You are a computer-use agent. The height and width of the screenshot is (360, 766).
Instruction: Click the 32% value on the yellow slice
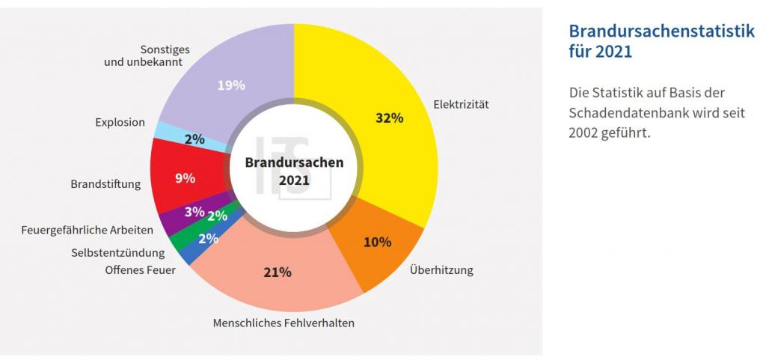[x=389, y=118]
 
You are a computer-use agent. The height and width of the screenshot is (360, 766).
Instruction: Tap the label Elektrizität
[x=461, y=105]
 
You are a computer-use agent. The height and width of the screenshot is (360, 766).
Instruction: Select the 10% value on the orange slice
[x=377, y=242]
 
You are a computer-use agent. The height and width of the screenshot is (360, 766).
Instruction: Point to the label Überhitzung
[x=441, y=269]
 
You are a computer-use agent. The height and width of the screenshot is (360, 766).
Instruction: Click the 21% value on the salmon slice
[x=277, y=272]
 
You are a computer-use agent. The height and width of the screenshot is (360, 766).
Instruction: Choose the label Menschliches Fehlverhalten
[x=284, y=323]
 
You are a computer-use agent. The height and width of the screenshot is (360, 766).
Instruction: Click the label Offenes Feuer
[x=141, y=269]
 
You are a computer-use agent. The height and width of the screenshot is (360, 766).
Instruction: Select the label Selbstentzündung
[x=118, y=253]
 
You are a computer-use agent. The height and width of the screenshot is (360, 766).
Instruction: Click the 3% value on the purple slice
[x=194, y=212]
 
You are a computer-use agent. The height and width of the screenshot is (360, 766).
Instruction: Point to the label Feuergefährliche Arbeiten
[x=88, y=230]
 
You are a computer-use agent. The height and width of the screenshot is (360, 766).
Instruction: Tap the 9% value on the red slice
[x=185, y=178]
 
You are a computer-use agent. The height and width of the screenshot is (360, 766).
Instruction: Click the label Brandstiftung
[x=105, y=183]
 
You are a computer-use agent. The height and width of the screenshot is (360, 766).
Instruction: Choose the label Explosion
[x=120, y=122]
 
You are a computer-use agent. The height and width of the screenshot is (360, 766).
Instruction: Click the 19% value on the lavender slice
[x=231, y=85]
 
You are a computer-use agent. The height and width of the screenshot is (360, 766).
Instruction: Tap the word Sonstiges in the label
[x=165, y=49]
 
